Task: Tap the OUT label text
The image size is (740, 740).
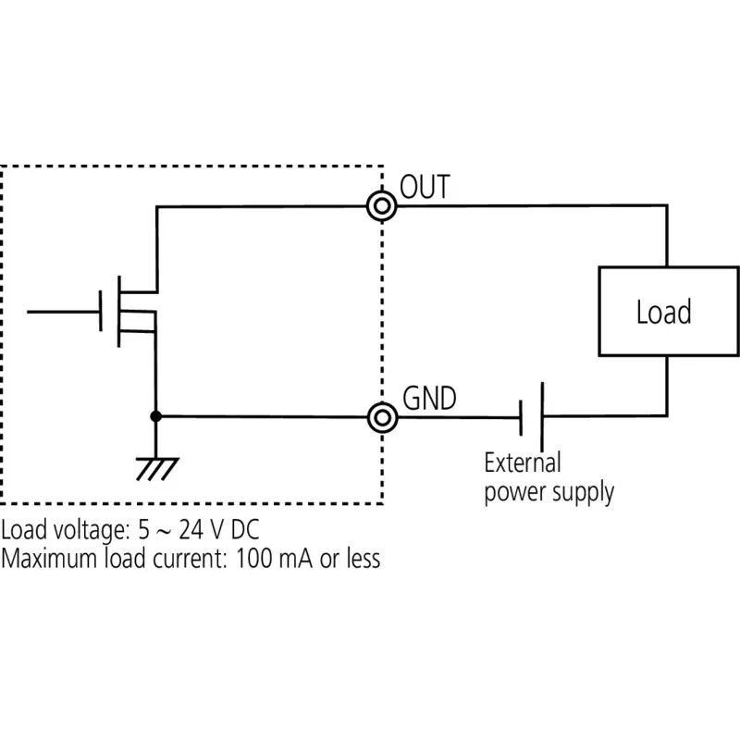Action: pos(425,187)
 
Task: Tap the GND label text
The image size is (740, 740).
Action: pos(429,398)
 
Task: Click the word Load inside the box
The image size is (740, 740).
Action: pos(663,312)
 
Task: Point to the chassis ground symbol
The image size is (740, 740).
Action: pos(157,468)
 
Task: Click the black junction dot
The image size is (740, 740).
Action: pos(155,416)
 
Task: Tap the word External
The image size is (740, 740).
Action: pos(523,462)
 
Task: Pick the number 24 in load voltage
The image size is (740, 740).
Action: pos(191,529)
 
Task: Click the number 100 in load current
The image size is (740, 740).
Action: pos(253,559)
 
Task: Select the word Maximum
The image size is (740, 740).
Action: pos(49,559)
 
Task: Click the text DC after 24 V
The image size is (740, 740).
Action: pos(245,529)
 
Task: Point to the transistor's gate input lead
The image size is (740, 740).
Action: pos(63,312)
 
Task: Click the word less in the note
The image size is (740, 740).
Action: pos(364,558)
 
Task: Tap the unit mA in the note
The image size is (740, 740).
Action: pos(295,559)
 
